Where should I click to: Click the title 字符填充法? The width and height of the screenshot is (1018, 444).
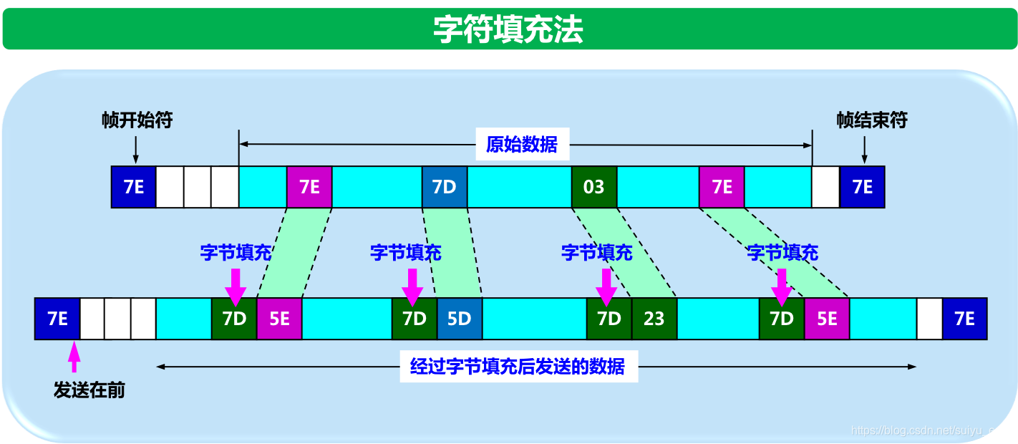[x=508, y=29]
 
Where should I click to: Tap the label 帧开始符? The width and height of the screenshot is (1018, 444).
[x=137, y=120]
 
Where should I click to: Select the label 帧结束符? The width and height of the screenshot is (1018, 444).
[x=871, y=120]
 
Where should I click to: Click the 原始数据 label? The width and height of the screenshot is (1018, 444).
[x=521, y=145]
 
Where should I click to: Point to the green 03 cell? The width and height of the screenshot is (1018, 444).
[x=594, y=187]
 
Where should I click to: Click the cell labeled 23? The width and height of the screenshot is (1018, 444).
[x=654, y=319]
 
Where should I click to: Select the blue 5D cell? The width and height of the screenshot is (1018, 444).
[x=460, y=319]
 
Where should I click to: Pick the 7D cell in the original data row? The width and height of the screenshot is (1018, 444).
[x=445, y=187]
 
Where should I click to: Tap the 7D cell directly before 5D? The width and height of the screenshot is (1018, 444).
[x=415, y=319]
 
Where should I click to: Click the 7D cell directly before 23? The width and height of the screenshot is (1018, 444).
[x=609, y=319]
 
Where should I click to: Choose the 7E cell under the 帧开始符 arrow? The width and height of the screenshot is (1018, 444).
[x=133, y=187]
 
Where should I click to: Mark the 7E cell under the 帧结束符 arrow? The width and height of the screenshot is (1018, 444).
[x=863, y=187]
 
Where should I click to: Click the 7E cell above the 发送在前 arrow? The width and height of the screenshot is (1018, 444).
[x=57, y=319]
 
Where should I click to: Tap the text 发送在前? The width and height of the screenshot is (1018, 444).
[x=89, y=391]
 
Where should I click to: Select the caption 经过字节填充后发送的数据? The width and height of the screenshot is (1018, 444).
[x=518, y=367]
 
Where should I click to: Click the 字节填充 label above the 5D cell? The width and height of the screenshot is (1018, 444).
[x=405, y=252]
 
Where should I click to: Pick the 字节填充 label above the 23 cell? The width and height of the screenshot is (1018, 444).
[x=597, y=252]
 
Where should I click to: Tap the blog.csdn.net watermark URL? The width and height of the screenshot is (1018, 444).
[x=931, y=430]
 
